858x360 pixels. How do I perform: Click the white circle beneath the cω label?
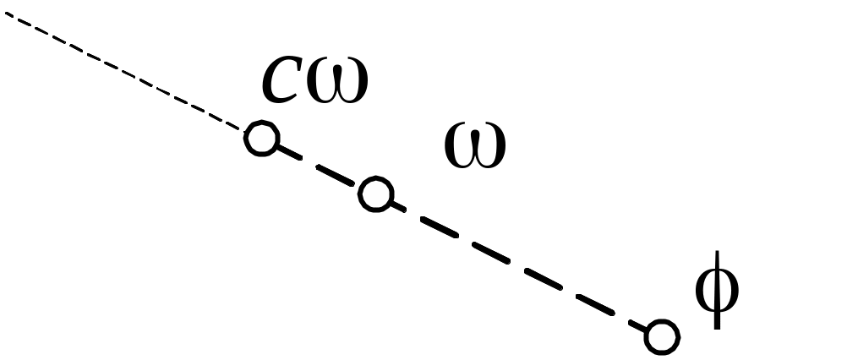(262, 138)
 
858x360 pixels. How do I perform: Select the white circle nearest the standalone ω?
(374, 194)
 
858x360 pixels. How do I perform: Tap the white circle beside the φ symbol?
(661, 337)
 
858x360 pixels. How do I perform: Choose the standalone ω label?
(475, 145)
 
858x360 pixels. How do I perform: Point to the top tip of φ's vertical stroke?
(717, 253)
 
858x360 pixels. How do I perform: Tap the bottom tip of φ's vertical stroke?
(717, 328)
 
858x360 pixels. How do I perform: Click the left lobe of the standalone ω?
(460, 146)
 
